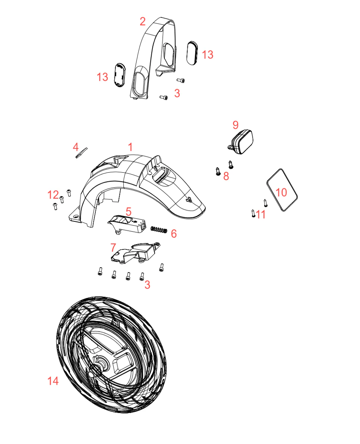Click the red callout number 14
[x=53, y=381]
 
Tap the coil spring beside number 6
[x=158, y=229]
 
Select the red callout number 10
[x=281, y=192]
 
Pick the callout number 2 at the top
[x=143, y=22]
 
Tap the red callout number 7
[x=113, y=248]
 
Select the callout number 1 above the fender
[x=130, y=147]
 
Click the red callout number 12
[x=53, y=195]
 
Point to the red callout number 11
[x=260, y=214]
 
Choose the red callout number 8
[x=226, y=176]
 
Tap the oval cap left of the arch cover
[x=119, y=75]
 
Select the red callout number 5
[x=129, y=211]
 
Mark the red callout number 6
[x=174, y=234]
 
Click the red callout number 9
[x=236, y=125]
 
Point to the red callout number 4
[x=76, y=147]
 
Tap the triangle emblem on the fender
[x=189, y=199]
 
